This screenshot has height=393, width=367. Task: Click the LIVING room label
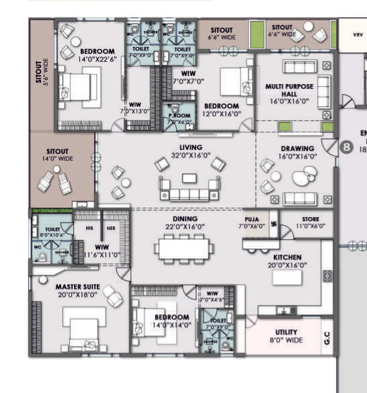point(190,146)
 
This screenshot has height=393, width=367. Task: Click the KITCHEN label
point(287,257)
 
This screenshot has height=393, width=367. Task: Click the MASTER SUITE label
point(78,288)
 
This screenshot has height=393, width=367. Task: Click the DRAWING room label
point(298,148)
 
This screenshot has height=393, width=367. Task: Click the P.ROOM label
point(180,116)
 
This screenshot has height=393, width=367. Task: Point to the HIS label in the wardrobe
point(89,227)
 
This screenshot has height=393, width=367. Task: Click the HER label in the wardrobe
point(112,227)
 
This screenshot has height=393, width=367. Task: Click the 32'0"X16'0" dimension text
point(190,155)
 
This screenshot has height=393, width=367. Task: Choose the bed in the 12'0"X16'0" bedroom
point(229,83)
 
